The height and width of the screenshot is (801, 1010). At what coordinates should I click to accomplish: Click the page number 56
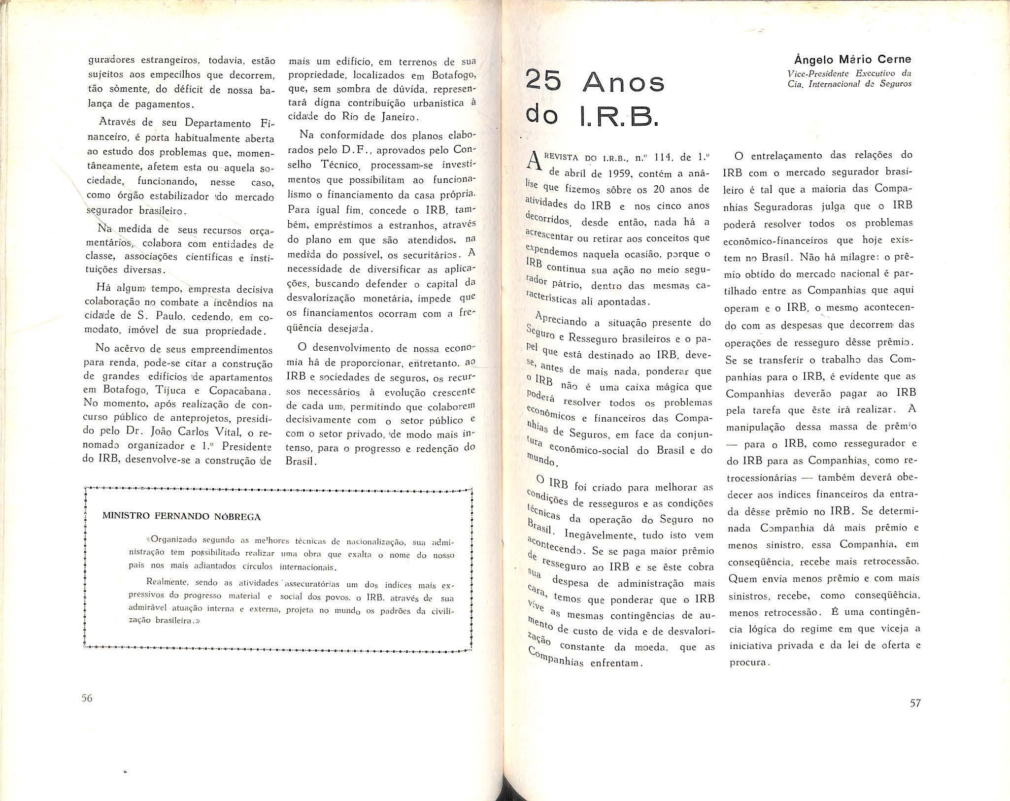(87, 699)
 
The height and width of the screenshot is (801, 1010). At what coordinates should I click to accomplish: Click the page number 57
(915, 703)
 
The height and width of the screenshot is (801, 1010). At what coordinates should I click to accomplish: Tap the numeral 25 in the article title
(544, 82)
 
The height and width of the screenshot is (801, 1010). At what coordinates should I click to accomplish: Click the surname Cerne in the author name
(892, 60)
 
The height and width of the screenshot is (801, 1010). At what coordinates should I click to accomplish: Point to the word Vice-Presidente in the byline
(813, 73)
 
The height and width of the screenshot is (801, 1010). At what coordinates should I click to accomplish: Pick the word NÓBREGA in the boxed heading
(237, 517)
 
